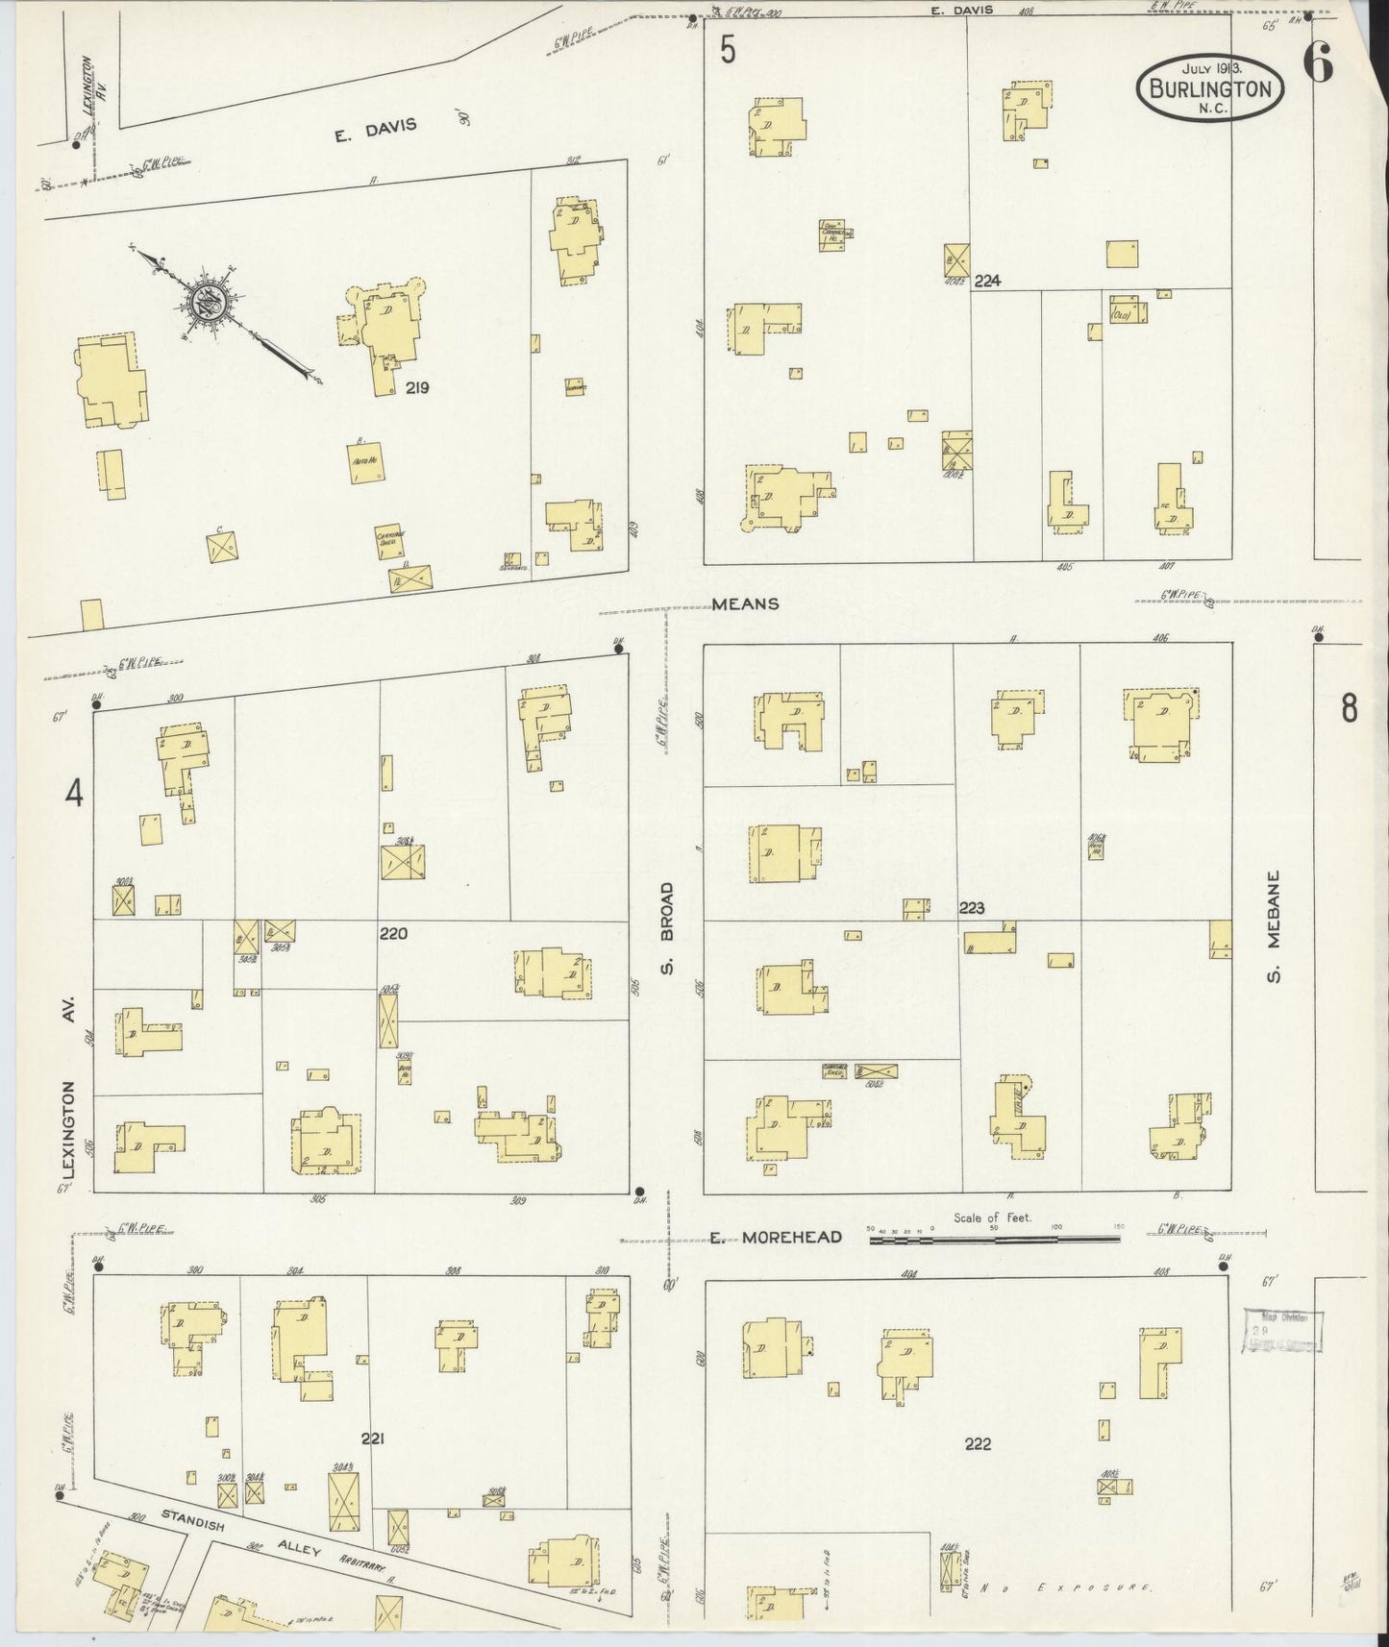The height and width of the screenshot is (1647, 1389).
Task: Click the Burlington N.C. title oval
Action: pos(1210,87)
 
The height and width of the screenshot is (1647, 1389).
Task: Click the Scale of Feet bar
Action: pos(994,1240)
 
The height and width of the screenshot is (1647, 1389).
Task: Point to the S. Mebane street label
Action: pos(1274,926)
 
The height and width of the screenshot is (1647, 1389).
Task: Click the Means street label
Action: pos(745,604)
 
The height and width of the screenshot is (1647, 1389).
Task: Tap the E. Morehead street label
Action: pos(776,1237)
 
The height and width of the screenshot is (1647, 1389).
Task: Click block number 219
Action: pos(416,388)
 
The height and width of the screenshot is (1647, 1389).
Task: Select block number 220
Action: pos(393,933)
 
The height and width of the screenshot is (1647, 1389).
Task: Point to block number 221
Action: pos(373,1438)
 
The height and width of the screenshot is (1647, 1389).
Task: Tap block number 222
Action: pos(978,1443)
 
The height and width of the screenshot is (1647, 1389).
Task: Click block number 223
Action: pos(972,908)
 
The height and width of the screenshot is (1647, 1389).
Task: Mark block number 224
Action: pos(987,281)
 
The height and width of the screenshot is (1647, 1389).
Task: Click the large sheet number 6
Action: pos(1318,64)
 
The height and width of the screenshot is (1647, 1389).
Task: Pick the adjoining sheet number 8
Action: pos(1350,709)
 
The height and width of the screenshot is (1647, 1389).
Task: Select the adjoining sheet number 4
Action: pos(74,794)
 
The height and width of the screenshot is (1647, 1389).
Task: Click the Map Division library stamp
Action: pos(1282,1330)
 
